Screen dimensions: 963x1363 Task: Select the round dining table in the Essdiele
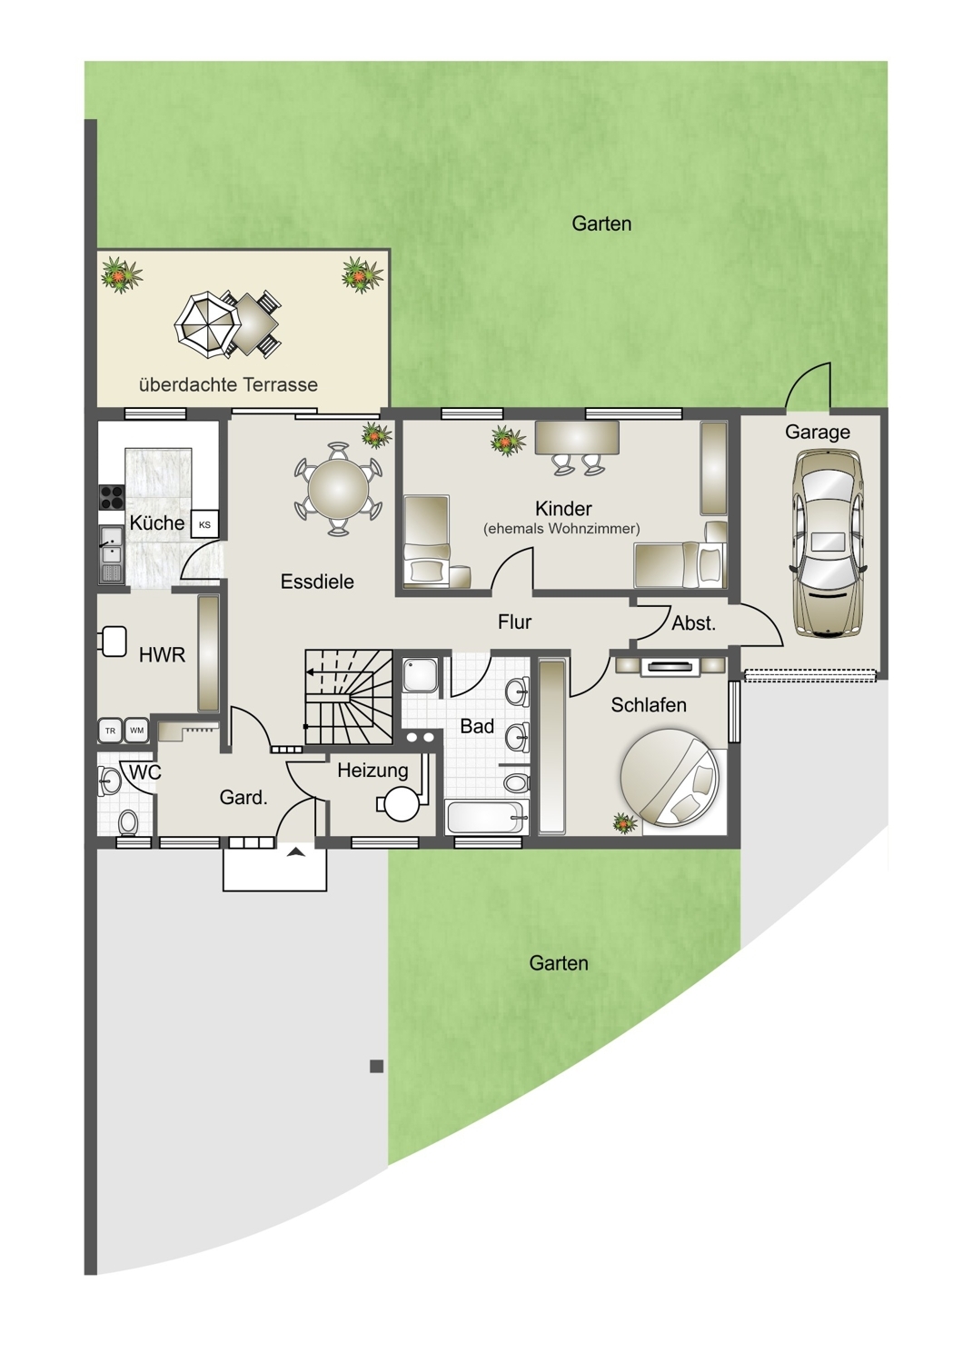pyautogui.click(x=338, y=489)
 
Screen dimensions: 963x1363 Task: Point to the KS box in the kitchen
pyautogui.click(x=204, y=524)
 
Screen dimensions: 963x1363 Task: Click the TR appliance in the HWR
pyautogui.click(x=110, y=731)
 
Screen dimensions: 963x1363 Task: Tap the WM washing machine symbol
pyautogui.click(x=136, y=731)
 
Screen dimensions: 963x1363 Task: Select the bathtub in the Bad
pyautogui.click(x=485, y=818)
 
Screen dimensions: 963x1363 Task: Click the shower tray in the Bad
pyautogui.click(x=421, y=675)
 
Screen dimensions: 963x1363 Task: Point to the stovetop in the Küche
pyautogui.click(x=112, y=497)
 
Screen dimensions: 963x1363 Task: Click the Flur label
pyautogui.click(x=514, y=622)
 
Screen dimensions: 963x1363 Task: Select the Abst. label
pyautogui.click(x=693, y=623)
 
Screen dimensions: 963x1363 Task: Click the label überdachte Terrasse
pyautogui.click(x=228, y=384)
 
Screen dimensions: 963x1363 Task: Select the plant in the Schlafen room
pyautogui.click(x=624, y=823)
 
